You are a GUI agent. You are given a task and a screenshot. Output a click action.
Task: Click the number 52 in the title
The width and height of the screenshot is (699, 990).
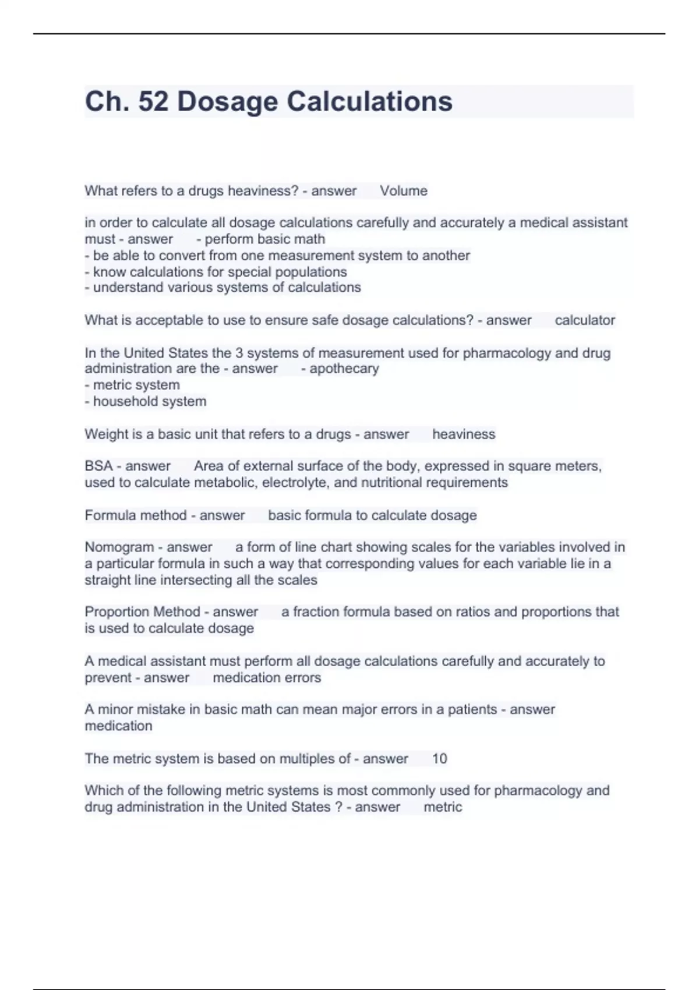tap(153, 101)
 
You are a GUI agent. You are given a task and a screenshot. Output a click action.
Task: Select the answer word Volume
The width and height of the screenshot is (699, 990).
tap(404, 191)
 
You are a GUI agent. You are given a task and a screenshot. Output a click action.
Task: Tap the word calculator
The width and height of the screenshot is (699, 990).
tap(585, 320)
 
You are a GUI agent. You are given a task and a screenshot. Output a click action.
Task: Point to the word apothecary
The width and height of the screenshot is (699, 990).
tap(344, 369)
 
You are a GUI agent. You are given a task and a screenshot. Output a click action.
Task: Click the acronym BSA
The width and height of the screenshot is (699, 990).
tap(98, 466)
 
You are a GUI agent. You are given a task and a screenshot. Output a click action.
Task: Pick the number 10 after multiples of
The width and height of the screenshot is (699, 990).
tap(439, 759)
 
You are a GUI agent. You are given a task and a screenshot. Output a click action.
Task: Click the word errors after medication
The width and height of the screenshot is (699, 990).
tap(303, 678)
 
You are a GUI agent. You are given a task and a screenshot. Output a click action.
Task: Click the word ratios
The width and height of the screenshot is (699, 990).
tap(477, 612)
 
